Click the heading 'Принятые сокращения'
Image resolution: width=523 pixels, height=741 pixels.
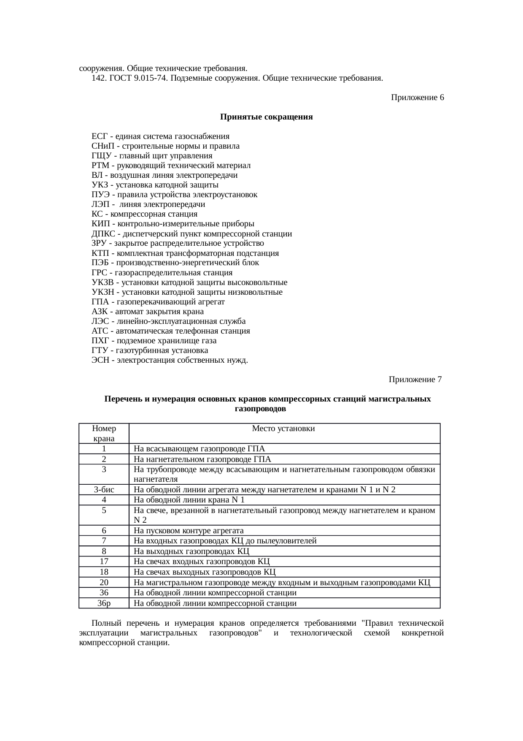click(x=266, y=117)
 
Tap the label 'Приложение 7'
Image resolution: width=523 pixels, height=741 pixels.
click(x=415, y=380)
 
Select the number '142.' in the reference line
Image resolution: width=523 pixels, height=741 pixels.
click(x=98, y=78)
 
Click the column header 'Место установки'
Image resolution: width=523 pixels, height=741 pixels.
click(x=283, y=429)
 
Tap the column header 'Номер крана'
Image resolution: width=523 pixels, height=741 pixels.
click(x=104, y=433)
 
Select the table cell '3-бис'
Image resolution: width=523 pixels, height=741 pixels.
click(x=104, y=490)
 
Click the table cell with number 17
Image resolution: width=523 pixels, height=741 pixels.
click(x=104, y=562)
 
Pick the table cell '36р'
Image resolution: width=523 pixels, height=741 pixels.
click(x=104, y=603)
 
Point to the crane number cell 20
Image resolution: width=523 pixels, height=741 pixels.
click(x=104, y=583)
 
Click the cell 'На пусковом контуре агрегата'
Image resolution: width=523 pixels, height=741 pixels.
click(x=189, y=531)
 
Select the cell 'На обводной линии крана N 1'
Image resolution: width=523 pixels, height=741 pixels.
click(x=189, y=500)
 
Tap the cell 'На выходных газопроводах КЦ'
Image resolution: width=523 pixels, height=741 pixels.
click(x=191, y=551)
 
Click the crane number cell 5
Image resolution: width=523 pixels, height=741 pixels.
click(x=104, y=510)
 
